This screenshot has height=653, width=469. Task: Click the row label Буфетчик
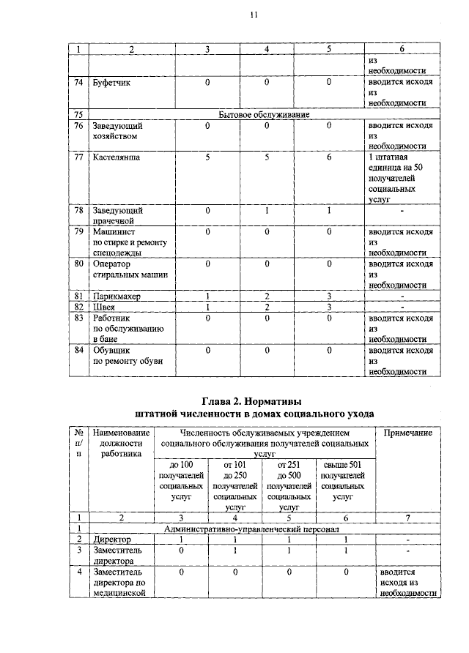(x=111, y=83)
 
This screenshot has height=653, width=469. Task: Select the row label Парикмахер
(x=117, y=296)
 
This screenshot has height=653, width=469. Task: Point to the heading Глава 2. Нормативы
(x=251, y=401)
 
